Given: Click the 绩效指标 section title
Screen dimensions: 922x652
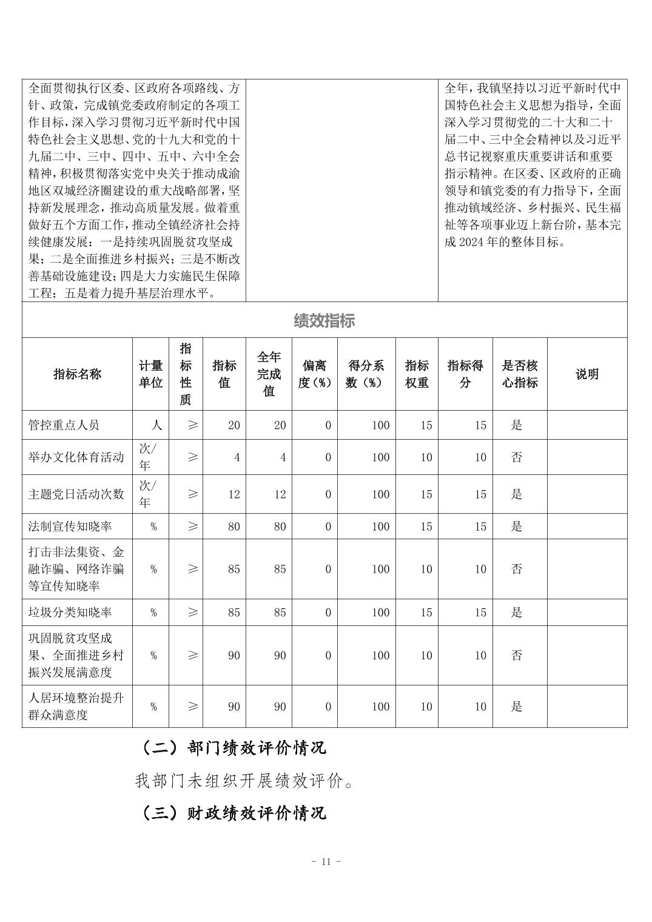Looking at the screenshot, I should (x=324, y=321).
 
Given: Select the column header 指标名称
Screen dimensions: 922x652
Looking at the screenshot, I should (x=77, y=374).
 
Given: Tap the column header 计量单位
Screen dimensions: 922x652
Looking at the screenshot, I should (x=150, y=374).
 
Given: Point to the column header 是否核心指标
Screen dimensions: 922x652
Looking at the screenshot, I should (x=519, y=374).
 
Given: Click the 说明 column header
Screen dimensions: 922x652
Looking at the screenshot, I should (x=586, y=374).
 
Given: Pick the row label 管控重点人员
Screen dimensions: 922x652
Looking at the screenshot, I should (x=64, y=425).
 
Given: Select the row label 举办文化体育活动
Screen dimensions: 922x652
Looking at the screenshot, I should (x=76, y=457).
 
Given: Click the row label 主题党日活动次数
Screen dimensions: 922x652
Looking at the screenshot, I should (x=76, y=494).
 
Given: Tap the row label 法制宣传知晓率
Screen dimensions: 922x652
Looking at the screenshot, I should (x=70, y=526).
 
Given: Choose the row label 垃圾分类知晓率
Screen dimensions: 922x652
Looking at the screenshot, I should (x=70, y=612).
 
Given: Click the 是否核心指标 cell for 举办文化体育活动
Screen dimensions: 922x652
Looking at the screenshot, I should (x=516, y=457).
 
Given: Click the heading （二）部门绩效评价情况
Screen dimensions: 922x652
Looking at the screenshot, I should (x=234, y=747).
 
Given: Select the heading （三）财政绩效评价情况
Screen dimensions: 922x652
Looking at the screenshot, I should (x=234, y=812).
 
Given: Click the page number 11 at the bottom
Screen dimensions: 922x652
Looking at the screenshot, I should (x=326, y=861).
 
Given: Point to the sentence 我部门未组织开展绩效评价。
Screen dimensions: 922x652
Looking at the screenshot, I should (x=244, y=781).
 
